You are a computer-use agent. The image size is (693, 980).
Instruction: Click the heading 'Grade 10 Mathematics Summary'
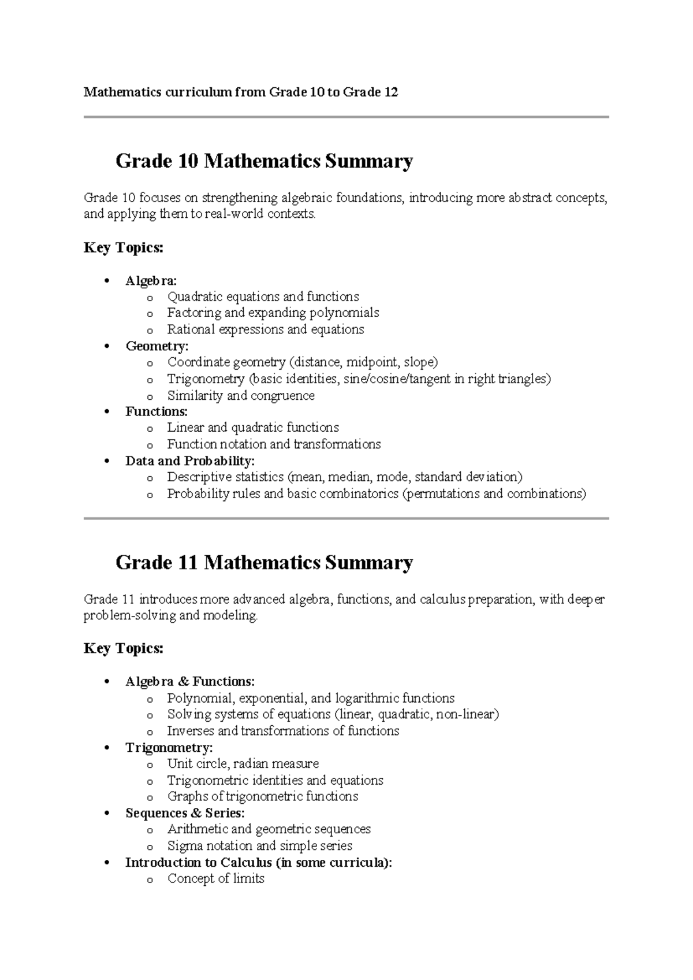click(x=264, y=161)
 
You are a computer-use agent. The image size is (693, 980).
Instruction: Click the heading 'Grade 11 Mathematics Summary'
click(x=264, y=562)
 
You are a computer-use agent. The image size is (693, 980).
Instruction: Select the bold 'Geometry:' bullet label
click(x=157, y=346)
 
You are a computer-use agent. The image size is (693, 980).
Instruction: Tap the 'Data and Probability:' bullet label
click(x=189, y=461)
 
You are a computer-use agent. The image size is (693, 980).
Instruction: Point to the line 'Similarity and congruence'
click(x=241, y=396)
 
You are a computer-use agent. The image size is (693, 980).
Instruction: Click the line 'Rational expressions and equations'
click(x=266, y=329)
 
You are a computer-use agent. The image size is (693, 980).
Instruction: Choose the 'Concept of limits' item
click(x=215, y=879)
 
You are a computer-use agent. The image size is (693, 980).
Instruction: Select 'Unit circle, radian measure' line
click(x=243, y=764)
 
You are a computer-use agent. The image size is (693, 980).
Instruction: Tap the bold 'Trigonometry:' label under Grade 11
click(x=169, y=748)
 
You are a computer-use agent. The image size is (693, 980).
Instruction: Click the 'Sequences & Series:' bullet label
click(x=185, y=813)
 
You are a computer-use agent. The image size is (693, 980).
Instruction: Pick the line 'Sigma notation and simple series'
click(x=259, y=846)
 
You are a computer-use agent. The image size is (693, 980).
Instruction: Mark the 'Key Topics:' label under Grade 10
click(x=124, y=248)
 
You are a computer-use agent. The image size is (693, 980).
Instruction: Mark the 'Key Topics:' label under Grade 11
click(x=124, y=649)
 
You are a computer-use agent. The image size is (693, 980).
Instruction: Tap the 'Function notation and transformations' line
click(x=274, y=444)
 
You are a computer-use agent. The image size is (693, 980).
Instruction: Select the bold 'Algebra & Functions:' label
click(x=189, y=682)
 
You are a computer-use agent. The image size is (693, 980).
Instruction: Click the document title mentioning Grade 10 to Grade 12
click(x=241, y=92)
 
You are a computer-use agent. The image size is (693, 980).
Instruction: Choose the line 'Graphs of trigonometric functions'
click(x=262, y=797)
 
